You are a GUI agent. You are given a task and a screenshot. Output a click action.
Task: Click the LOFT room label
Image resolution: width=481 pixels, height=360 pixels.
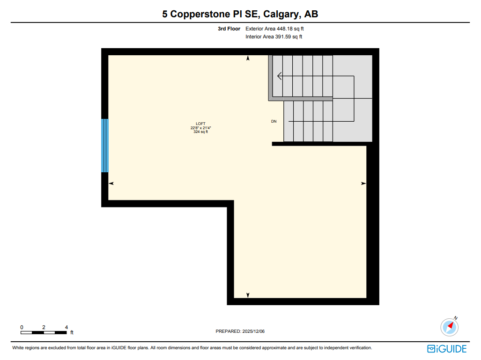click(200, 124)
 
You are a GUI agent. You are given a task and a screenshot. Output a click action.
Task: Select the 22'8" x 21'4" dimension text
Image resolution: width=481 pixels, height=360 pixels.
click(200, 128)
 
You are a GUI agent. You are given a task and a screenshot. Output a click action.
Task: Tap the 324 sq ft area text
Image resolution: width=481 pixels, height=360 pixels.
click(200, 132)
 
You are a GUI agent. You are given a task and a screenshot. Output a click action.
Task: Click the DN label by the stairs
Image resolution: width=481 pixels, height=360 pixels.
click(274, 122)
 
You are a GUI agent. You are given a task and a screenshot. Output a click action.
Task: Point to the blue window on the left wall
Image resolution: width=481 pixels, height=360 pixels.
click(105, 146)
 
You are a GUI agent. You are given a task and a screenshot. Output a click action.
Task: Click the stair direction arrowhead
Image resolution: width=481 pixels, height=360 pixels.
click(280, 76)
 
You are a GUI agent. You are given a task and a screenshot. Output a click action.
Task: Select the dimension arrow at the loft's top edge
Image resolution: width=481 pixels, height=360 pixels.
click(248, 59)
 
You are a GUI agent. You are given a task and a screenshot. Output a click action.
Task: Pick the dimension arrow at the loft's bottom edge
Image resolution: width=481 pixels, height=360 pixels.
click(248, 295)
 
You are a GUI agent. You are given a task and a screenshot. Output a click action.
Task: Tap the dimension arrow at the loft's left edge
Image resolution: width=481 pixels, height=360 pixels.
click(111, 184)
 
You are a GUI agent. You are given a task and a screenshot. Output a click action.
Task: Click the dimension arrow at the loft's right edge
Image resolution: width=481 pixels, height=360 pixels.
click(363, 184)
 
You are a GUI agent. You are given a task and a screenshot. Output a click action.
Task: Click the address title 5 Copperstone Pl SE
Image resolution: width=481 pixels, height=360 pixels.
click(240, 14)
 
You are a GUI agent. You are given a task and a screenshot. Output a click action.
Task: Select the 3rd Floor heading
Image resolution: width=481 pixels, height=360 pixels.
click(229, 29)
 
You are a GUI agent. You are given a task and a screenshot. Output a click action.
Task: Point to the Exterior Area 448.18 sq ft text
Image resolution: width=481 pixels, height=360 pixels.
click(271, 29)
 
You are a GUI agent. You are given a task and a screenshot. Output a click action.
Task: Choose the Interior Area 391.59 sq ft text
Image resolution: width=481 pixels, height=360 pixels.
click(274, 37)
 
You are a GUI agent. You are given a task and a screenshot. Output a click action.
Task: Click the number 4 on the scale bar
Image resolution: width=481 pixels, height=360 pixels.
click(67, 327)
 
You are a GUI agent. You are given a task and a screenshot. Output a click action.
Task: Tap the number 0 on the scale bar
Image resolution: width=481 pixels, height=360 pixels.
click(22, 327)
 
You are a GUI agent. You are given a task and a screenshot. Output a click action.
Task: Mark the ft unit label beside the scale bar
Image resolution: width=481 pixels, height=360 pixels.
click(72, 333)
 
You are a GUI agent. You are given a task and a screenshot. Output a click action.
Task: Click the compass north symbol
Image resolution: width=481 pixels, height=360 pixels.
click(450, 326)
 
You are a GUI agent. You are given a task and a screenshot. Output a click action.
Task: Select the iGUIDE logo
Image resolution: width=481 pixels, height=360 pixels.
click(447, 349)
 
